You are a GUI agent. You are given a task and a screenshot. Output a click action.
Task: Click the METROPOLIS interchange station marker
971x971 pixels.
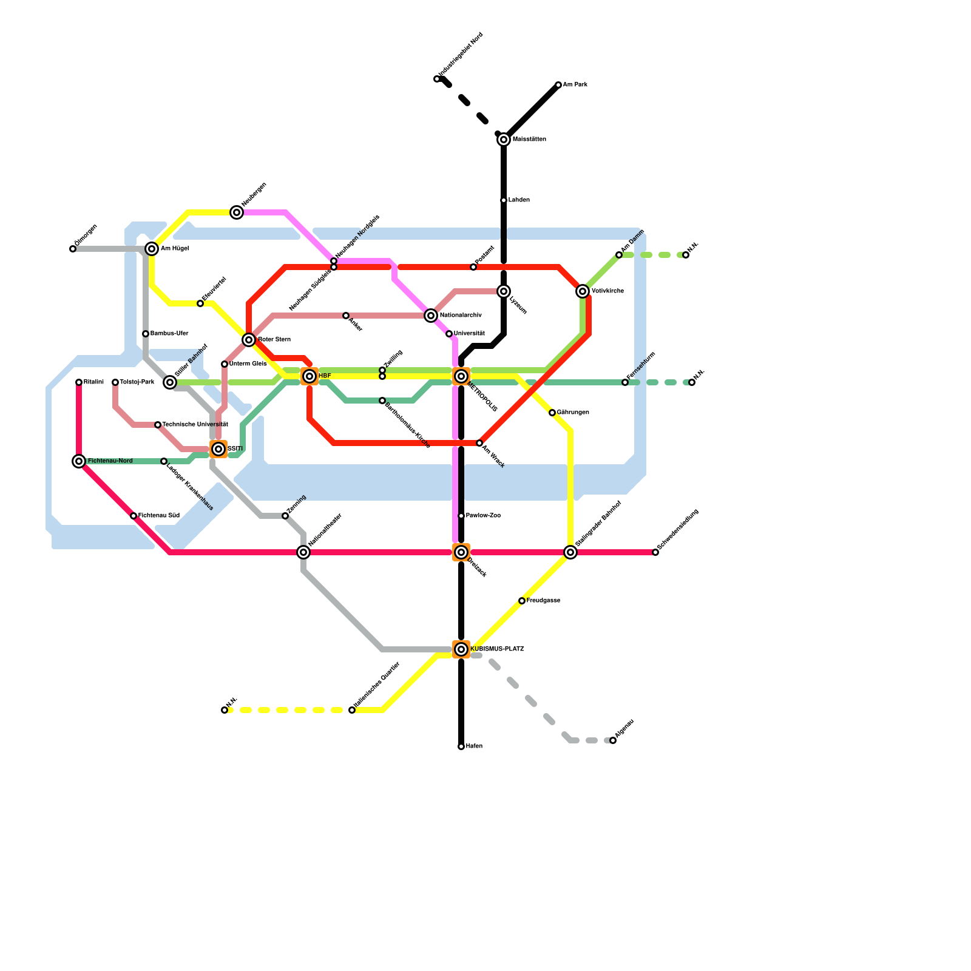461,376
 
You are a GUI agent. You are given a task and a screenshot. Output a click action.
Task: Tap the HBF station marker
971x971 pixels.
310,376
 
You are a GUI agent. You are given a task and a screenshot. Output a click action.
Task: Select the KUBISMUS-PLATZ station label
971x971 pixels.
496,649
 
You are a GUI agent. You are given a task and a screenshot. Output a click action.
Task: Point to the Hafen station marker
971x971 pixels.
461,746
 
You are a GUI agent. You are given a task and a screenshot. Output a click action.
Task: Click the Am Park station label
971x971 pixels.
575,85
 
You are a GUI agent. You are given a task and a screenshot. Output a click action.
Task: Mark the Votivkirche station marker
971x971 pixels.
583,291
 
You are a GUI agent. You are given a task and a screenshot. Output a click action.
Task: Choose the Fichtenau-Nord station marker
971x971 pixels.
79,461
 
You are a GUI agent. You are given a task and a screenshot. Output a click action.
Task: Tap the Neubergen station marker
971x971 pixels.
237,212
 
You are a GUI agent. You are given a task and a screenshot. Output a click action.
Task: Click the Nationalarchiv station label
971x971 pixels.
461,316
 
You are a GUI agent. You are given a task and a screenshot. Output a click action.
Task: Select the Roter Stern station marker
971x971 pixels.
249,340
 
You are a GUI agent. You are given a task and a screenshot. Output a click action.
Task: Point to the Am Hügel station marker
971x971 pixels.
152,249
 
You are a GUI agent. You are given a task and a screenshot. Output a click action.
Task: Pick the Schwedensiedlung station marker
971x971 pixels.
655,552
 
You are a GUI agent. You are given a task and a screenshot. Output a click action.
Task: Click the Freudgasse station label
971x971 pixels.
543,601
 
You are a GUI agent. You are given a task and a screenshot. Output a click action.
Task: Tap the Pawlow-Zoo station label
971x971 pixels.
483,516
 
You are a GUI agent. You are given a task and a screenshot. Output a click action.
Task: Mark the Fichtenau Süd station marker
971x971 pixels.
134,516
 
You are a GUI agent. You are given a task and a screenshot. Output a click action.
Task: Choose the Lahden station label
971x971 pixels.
519,200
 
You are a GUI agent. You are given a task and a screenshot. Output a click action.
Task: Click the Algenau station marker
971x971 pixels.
613,740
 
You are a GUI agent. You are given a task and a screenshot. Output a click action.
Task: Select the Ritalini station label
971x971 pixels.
93,382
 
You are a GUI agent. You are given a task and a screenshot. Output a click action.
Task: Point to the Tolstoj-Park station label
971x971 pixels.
137,382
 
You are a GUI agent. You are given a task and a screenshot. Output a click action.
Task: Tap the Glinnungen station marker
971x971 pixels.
552,413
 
